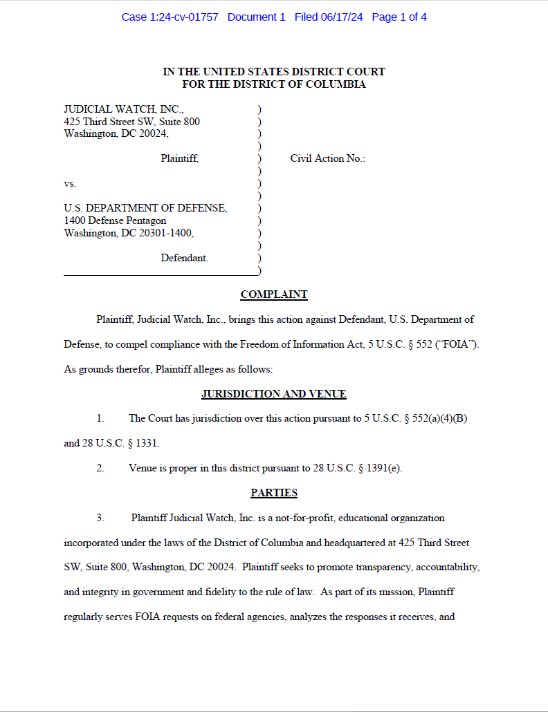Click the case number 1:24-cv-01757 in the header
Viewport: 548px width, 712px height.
pyautogui.click(x=184, y=17)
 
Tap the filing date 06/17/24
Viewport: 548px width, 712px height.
pyautogui.click(x=341, y=17)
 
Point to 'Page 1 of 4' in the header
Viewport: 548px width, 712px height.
pyautogui.click(x=399, y=17)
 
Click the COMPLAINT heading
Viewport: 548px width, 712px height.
pyautogui.click(x=274, y=294)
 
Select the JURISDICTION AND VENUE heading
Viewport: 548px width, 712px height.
pyautogui.click(x=274, y=394)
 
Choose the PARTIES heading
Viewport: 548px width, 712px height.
pyautogui.click(x=274, y=493)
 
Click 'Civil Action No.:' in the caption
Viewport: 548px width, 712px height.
pyautogui.click(x=327, y=158)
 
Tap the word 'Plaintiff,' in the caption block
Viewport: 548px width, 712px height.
pyautogui.click(x=180, y=158)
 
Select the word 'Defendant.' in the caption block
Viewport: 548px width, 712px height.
pyautogui.click(x=184, y=258)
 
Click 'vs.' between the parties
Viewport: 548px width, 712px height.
pyautogui.click(x=70, y=184)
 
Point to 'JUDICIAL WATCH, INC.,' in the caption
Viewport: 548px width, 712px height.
pyautogui.click(x=124, y=109)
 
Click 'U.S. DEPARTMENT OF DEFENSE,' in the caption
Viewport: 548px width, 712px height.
pyautogui.click(x=145, y=208)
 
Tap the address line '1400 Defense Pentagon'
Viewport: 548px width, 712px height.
pyautogui.click(x=115, y=221)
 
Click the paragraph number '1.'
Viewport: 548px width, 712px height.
pyautogui.click(x=100, y=419)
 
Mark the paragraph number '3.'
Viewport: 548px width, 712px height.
pyautogui.click(x=100, y=518)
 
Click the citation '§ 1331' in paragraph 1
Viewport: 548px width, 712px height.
pyautogui.click(x=144, y=443)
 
